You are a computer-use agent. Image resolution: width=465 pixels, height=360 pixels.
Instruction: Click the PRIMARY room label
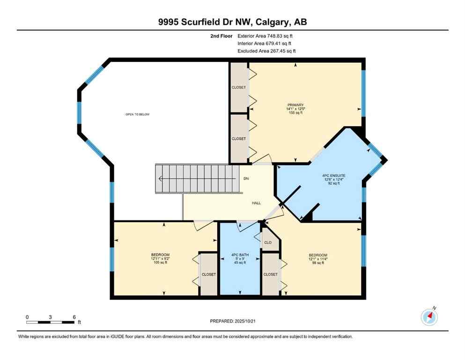295,105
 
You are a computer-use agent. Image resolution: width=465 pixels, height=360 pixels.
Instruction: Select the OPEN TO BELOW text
137,114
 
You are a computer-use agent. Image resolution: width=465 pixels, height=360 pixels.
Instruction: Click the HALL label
256,203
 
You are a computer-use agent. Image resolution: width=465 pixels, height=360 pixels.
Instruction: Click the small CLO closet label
268,243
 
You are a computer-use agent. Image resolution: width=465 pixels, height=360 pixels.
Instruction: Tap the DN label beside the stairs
246,179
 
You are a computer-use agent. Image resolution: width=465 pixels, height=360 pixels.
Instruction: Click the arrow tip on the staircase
160,179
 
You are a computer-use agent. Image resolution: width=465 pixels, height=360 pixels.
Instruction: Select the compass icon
429,317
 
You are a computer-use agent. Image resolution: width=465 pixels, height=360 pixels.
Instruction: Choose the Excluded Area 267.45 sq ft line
266,51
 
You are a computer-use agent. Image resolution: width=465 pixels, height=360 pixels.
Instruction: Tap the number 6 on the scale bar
74,317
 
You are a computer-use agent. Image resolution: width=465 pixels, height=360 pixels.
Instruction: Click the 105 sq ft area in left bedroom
160,262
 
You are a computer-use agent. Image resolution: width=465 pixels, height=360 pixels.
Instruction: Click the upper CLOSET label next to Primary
239,87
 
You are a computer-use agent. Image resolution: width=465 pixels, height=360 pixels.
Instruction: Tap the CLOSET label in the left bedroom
208,274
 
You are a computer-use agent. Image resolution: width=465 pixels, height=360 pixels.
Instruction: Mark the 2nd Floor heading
221,36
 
